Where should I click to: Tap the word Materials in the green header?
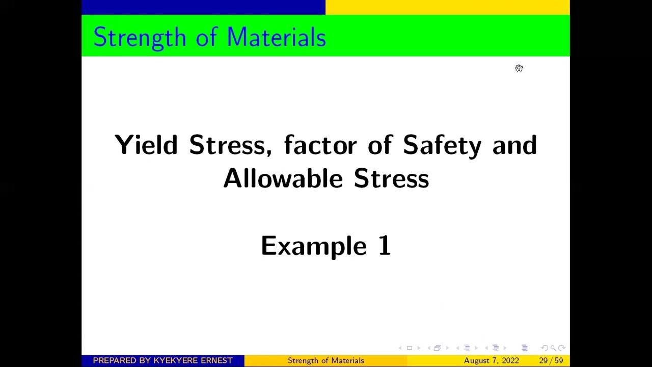(276, 38)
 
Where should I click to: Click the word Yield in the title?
(146, 145)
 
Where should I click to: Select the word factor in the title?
(320, 145)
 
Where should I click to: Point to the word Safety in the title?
(442, 145)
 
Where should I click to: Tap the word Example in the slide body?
(313, 246)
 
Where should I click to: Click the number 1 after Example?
(384, 246)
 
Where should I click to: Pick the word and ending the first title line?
(514, 145)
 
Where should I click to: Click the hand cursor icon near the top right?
(519, 68)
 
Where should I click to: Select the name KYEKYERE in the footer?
(176, 360)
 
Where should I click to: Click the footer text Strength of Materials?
(326, 360)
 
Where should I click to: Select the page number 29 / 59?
(551, 360)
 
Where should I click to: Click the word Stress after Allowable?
(391, 178)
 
